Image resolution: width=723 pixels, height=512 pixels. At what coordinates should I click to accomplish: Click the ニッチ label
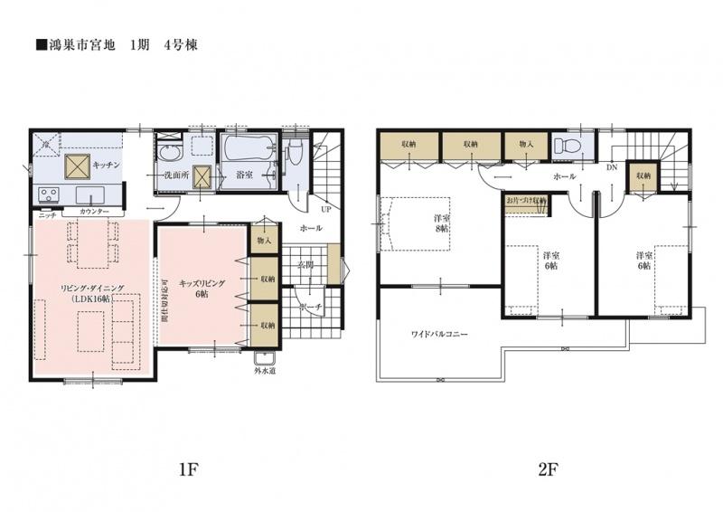pos(46,215)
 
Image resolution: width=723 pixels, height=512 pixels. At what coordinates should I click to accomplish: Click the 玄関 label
pos(305,265)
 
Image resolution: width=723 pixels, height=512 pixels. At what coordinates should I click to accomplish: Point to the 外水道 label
pos(264,368)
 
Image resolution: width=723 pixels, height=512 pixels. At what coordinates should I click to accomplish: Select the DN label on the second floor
pos(611,167)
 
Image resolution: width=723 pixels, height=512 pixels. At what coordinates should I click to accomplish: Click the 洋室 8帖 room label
pos(441,223)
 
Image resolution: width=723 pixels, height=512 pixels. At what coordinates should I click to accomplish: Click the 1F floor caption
pos(187,469)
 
